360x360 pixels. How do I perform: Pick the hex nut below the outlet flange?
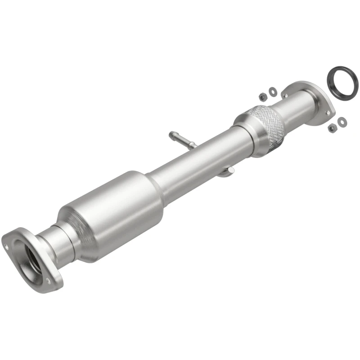[333, 128]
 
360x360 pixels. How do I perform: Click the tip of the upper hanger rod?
[171, 134]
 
